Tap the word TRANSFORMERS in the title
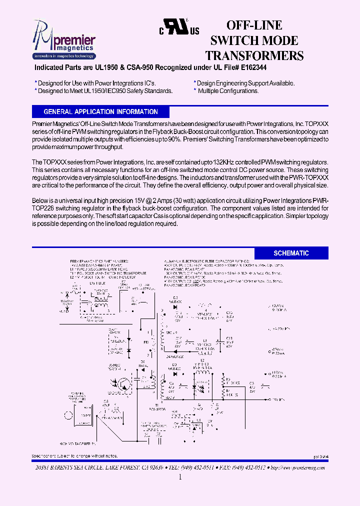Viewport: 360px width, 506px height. pyautogui.click(x=254, y=55)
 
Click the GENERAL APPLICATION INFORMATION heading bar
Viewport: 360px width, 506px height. pyautogui.click(x=100, y=112)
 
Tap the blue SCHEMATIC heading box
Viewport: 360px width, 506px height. pyautogui.click(x=291, y=253)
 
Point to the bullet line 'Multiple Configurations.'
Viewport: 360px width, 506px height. pyautogui.click(x=228, y=91)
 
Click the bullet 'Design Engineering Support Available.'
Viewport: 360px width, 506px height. pyautogui.click(x=245, y=83)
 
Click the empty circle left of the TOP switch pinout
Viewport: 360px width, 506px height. pyautogui.click(x=68, y=415)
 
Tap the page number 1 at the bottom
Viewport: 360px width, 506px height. pyautogui.click(x=180, y=478)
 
